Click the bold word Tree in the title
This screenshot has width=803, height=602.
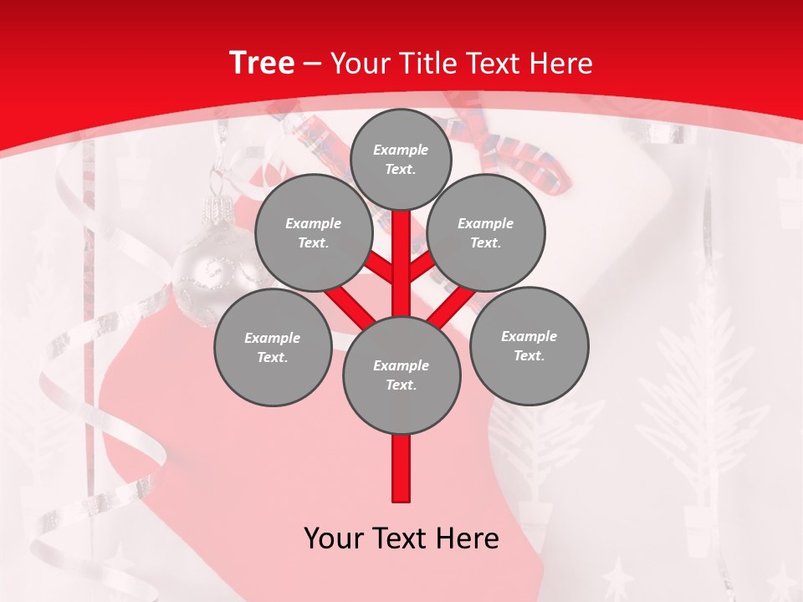point(262,63)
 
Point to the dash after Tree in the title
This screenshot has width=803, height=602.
point(312,64)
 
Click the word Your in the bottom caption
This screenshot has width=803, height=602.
point(334,538)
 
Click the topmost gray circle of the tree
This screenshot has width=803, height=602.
point(401,159)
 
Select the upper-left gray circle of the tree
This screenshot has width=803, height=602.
point(314,232)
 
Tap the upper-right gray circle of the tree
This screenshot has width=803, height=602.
point(486,232)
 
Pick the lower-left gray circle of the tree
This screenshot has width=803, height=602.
point(273,347)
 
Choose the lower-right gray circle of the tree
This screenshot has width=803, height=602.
point(529,345)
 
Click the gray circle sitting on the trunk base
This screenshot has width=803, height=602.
point(401,375)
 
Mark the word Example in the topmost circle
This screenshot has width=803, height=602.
point(401,150)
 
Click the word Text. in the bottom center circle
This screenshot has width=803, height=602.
point(401,385)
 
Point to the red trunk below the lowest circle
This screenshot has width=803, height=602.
point(401,468)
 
